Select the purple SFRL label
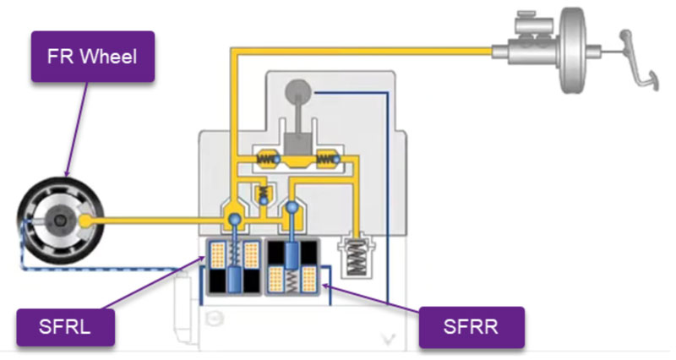pos(64,327)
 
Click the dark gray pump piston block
pos(298,145)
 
